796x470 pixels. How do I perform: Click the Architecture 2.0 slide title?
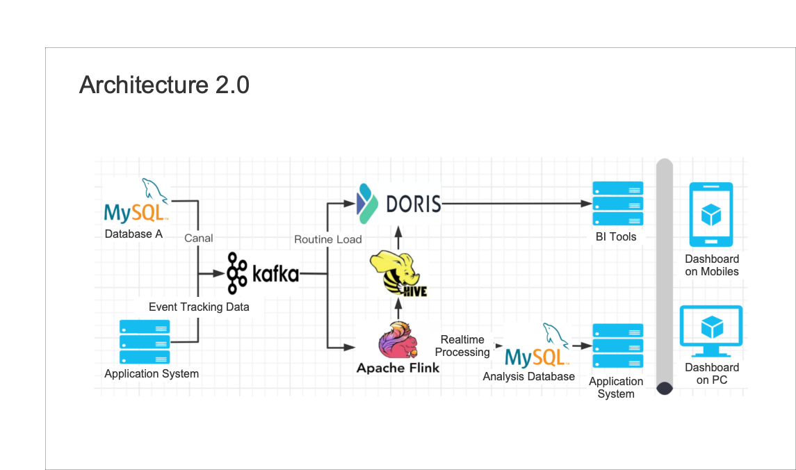pyautogui.click(x=164, y=85)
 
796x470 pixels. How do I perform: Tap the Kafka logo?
pyautogui.click(x=263, y=273)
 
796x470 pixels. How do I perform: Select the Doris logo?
pyautogui.click(x=398, y=202)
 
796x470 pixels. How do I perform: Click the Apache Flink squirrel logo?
pyautogui.click(x=398, y=341)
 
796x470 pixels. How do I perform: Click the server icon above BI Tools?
pyautogui.click(x=617, y=204)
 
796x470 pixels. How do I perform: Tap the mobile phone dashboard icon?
pyautogui.click(x=710, y=215)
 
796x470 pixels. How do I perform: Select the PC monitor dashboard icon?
pyautogui.click(x=710, y=331)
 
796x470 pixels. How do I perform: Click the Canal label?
pyautogui.click(x=198, y=238)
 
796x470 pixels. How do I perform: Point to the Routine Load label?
pyautogui.click(x=327, y=239)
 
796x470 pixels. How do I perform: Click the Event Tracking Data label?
pyautogui.click(x=199, y=307)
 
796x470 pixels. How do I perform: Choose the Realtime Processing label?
pyautogui.click(x=462, y=346)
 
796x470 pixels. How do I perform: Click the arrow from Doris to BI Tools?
pyautogui.click(x=514, y=204)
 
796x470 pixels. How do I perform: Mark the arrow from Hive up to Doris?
pyautogui.click(x=398, y=237)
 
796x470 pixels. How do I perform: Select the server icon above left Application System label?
pyautogui.click(x=145, y=341)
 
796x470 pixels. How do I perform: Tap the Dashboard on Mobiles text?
pyautogui.click(x=712, y=266)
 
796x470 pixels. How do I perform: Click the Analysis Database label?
pyautogui.click(x=529, y=376)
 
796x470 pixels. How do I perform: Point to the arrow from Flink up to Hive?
pyautogui.click(x=398, y=307)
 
